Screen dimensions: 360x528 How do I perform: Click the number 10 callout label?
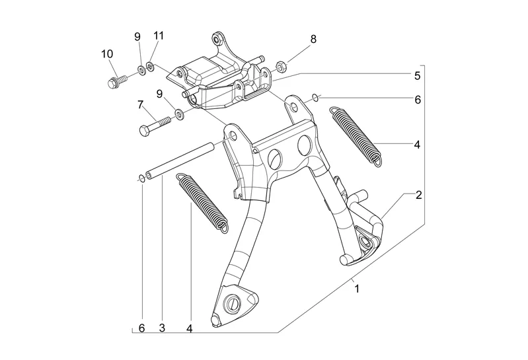point(106,53)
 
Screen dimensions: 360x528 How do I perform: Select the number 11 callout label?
point(158,35)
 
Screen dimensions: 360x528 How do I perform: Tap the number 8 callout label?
point(313,39)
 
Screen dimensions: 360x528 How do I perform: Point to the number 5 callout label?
point(417,76)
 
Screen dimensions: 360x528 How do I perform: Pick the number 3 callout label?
point(161,328)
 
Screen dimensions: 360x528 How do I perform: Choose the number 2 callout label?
point(418,196)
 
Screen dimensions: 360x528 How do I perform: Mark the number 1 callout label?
point(357,289)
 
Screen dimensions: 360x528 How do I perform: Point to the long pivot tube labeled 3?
point(181,160)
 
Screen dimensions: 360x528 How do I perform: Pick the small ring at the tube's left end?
point(141,178)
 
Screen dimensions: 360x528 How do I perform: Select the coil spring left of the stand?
point(202,201)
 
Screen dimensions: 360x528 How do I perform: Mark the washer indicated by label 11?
point(151,66)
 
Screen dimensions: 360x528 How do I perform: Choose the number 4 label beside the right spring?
point(417,144)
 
